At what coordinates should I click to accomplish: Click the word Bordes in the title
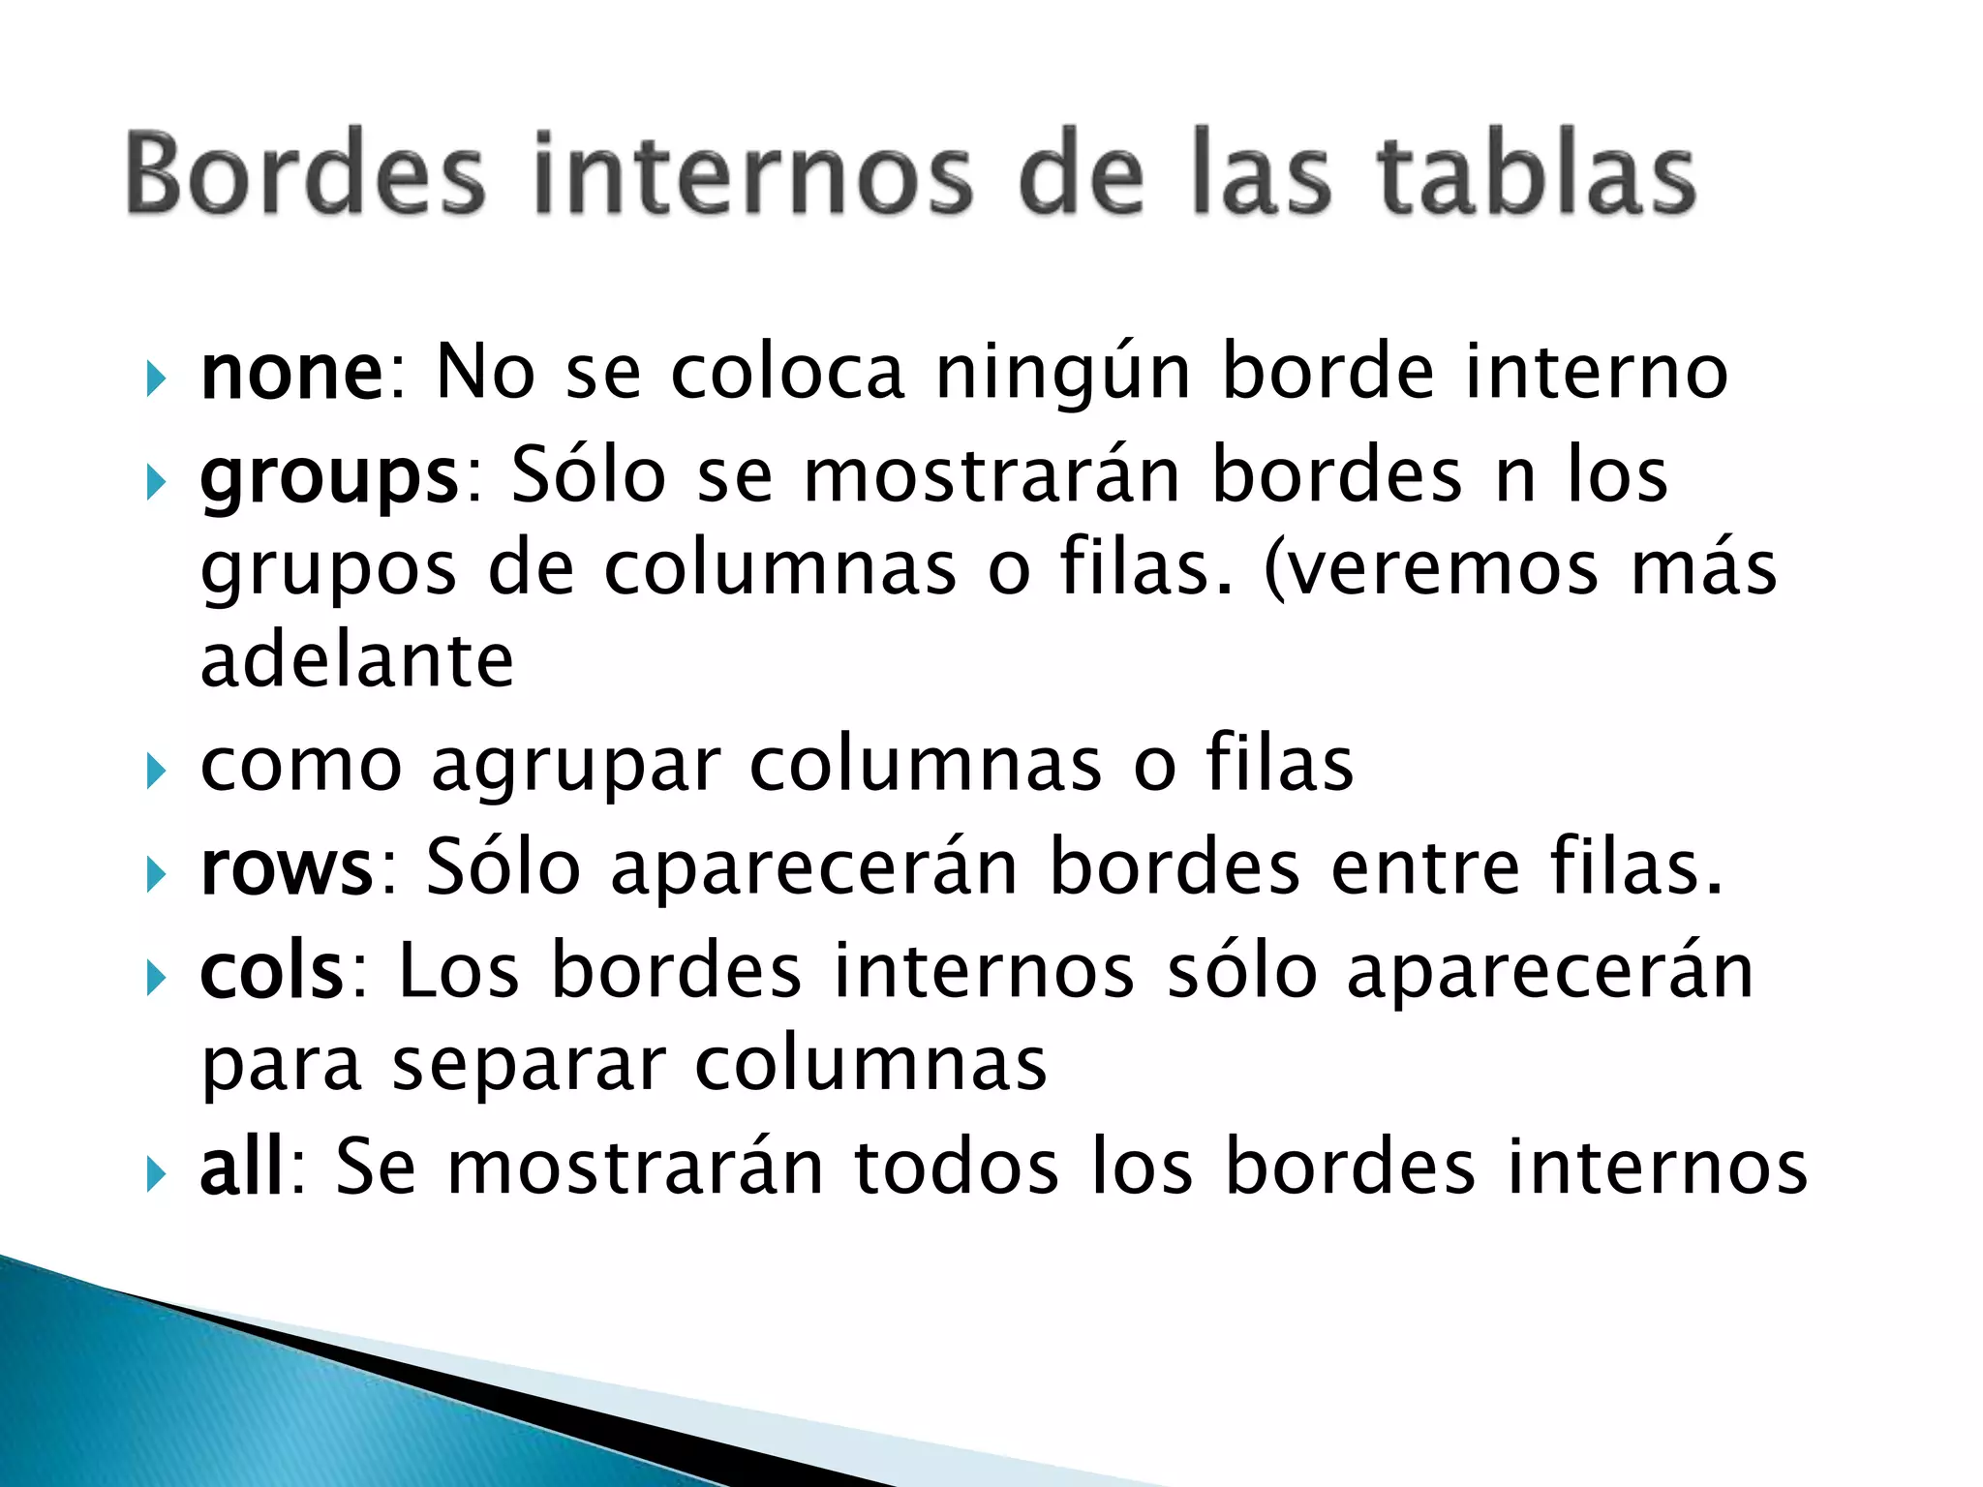pyautogui.click(x=304, y=174)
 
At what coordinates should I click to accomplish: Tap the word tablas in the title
pyautogui.click(x=1535, y=174)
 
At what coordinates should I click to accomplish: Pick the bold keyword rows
pyautogui.click(x=287, y=868)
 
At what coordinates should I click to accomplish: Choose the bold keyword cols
pyautogui.click(x=272, y=972)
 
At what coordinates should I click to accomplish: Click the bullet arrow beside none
pyautogui.click(x=155, y=379)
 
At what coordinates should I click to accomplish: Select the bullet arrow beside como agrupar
pyautogui.click(x=155, y=772)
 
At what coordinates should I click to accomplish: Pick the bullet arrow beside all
pyautogui.click(x=155, y=1173)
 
